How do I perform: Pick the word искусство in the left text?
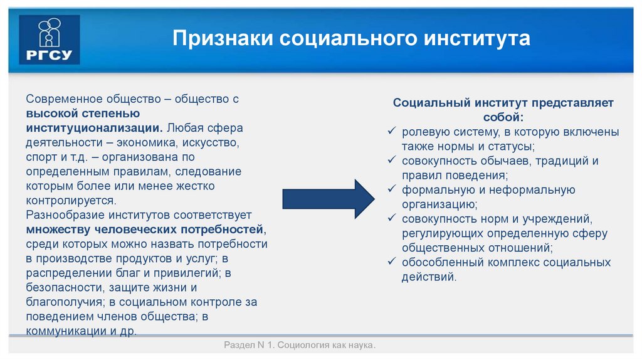(x=206, y=142)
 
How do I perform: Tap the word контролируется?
(x=71, y=200)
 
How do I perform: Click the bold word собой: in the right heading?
(x=503, y=117)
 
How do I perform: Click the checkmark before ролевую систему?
(x=392, y=132)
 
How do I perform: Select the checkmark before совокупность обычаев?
(x=392, y=161)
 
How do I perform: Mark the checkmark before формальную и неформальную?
(x=392, y=189)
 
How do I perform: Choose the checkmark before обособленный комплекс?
(x=392, y=262)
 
